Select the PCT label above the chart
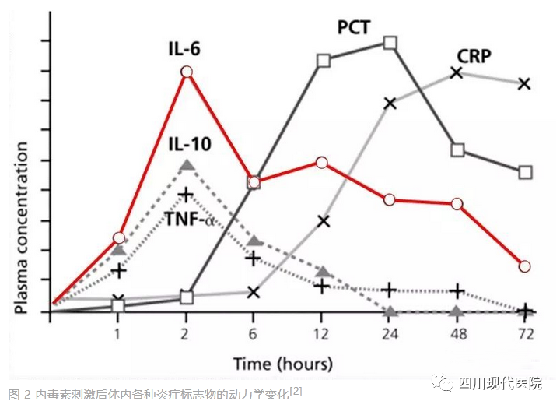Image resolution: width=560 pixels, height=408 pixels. click(x=354, y=27)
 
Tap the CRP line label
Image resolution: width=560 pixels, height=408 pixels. click(x=474, y=56)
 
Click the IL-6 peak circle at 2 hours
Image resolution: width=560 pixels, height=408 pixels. click(x=186, y=72)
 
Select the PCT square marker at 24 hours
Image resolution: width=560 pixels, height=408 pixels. click(x=390, y=42)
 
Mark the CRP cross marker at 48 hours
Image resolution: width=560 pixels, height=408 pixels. click(x=457, y=72)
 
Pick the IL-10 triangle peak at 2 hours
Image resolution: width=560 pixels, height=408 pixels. click(x=186, y=165)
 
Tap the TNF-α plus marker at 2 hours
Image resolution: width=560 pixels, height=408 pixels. click(x=186, y=193)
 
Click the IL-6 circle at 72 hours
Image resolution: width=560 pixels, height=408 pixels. click(x=524, y=266)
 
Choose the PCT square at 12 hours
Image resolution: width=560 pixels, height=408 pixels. click(x=324, y=60)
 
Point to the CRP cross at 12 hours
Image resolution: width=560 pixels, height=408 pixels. click(x=324, y=221)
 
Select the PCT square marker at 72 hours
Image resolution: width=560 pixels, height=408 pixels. click(x=525, y=172)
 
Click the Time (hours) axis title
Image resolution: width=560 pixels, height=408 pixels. click(x=283, y=363)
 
